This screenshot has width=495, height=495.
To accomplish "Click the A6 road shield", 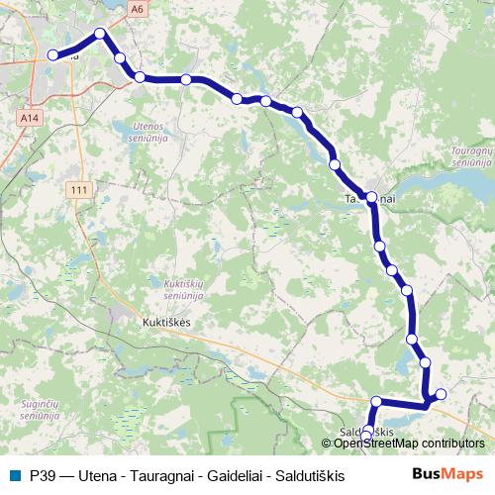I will coord(136,8).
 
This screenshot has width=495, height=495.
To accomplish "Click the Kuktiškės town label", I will coord(166,323).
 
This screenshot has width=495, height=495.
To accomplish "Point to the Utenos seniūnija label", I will coord(142,132).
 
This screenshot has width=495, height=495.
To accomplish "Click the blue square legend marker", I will coord(14,475).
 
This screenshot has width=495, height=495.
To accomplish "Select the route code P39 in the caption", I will coord(43,475).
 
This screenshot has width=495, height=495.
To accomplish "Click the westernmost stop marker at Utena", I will coord(52,56).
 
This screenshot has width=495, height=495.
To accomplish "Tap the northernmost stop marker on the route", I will coord(100,33).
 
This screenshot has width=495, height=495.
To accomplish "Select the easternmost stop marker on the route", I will coord(441,394).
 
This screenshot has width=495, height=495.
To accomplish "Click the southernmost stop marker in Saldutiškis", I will coord(366,437).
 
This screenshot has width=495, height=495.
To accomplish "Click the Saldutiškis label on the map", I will coord(367,433).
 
